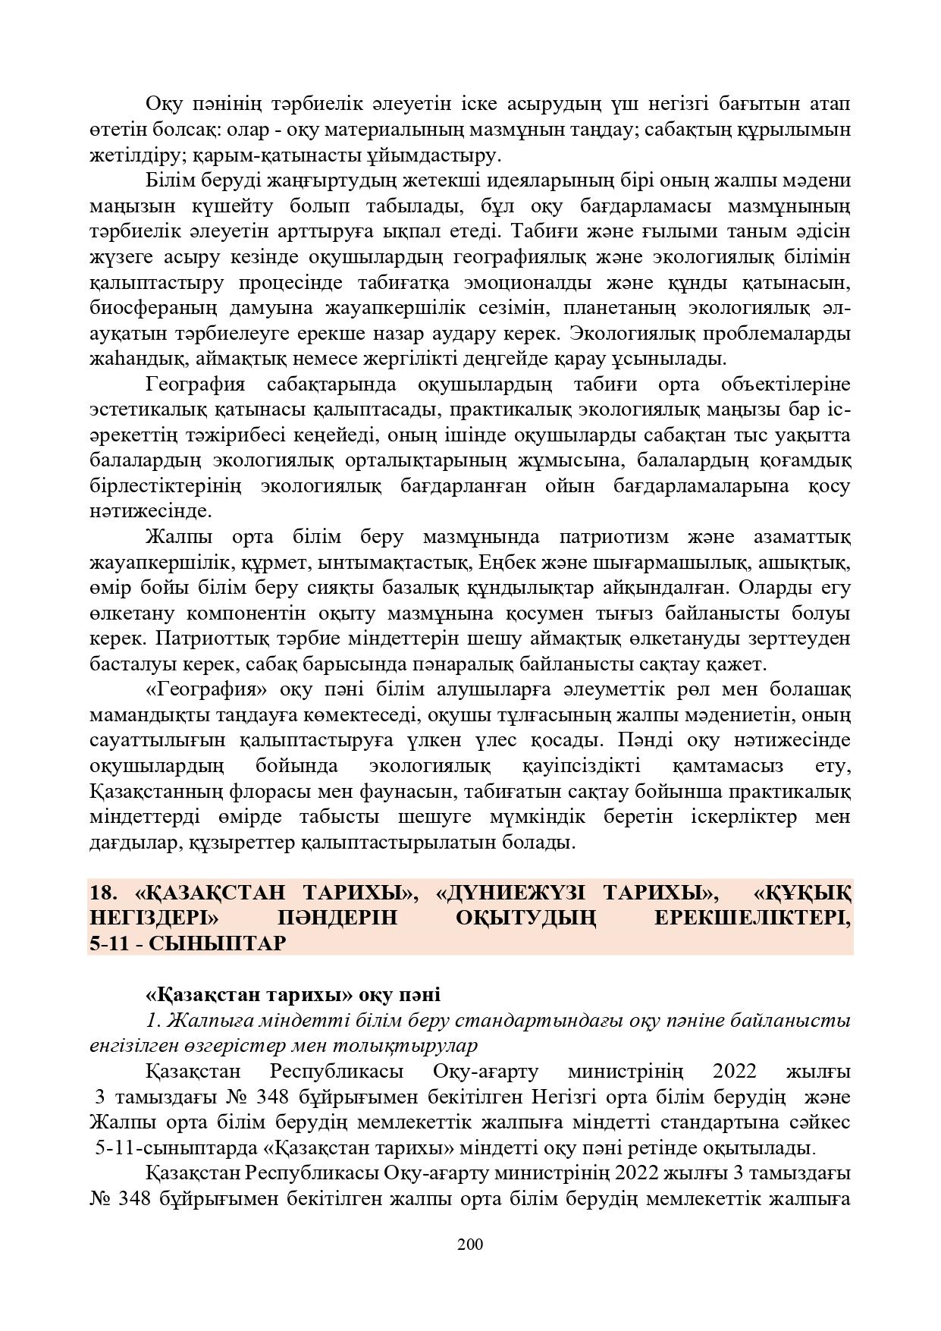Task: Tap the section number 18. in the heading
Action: coord(103,893)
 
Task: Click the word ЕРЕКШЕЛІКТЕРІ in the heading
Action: coord(751,918)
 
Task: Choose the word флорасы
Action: coord(262,792)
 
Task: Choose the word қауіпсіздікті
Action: coord(582,766)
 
